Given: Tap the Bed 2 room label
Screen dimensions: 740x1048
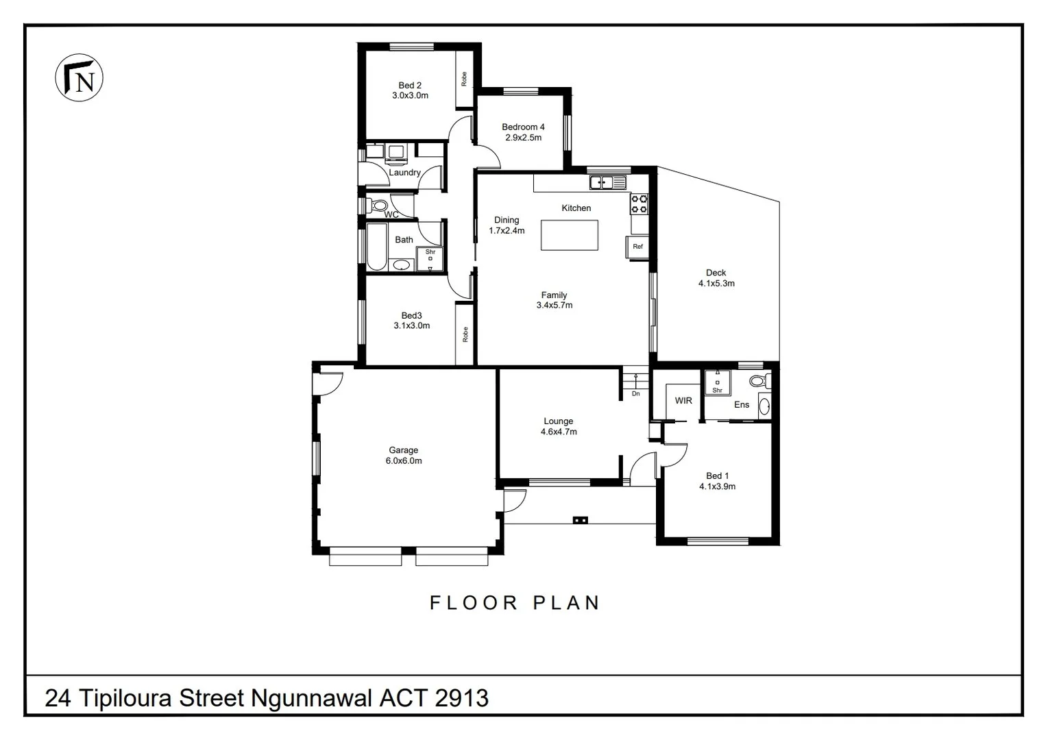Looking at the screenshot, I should (x=410, y=86).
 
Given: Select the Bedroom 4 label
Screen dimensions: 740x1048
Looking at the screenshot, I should (x=523, y=127).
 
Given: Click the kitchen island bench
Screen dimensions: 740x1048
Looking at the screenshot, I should (x=569, y=235).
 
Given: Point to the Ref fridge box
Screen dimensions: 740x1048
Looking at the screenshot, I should (x=637, y=247).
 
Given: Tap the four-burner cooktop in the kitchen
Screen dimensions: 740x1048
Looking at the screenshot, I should (x=639, y=203).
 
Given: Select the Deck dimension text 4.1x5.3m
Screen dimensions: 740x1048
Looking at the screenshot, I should (x=716, y=283).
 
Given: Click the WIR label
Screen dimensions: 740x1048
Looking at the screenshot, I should (x=683, y=400).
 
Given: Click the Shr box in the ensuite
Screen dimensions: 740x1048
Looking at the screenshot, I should (x=718, y=381).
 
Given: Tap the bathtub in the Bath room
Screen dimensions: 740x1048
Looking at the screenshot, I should (x=376, y=247).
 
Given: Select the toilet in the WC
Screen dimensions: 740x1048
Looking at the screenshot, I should (x=378, y=204).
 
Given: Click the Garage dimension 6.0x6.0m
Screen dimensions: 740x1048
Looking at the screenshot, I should (x=404, y=461).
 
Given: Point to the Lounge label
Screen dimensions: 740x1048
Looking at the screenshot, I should (x=559, y=421).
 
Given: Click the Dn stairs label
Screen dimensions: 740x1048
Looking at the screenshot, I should (x=635, y=394).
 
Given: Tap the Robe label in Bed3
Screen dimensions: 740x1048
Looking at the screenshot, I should (x=465, y=334).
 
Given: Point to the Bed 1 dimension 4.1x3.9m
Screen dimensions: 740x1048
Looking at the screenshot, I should (x=717, y=486).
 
